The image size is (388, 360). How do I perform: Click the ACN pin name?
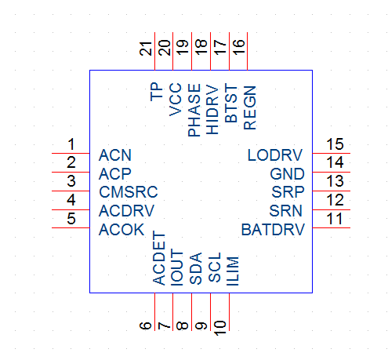point(115,155)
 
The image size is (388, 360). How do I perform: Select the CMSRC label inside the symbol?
point(129,192)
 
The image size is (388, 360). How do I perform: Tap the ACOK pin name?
point(121,230)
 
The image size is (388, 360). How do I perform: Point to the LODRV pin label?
point(275,155)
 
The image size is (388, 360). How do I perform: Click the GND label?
point(287,174)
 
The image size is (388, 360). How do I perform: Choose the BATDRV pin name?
point(273,230)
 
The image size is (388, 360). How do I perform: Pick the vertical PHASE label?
point(194,110)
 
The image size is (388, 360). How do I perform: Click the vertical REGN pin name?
point(250,107)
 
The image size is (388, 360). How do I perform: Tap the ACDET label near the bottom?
point(159,258)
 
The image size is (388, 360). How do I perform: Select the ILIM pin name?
point(232,271)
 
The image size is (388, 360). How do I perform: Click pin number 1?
point(71,144)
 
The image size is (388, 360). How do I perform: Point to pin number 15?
point(335,144)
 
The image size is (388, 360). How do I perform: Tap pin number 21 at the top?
point(146,49)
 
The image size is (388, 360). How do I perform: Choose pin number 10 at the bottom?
point(219,328)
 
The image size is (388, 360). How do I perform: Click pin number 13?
point(335,181)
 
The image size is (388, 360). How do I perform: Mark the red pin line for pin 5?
point(71,228)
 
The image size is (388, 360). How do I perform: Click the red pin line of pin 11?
point(332,228)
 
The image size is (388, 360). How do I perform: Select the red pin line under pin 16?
point(247,51)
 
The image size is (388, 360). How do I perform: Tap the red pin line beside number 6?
point(154,312)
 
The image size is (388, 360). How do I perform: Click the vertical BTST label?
point(231,103)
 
